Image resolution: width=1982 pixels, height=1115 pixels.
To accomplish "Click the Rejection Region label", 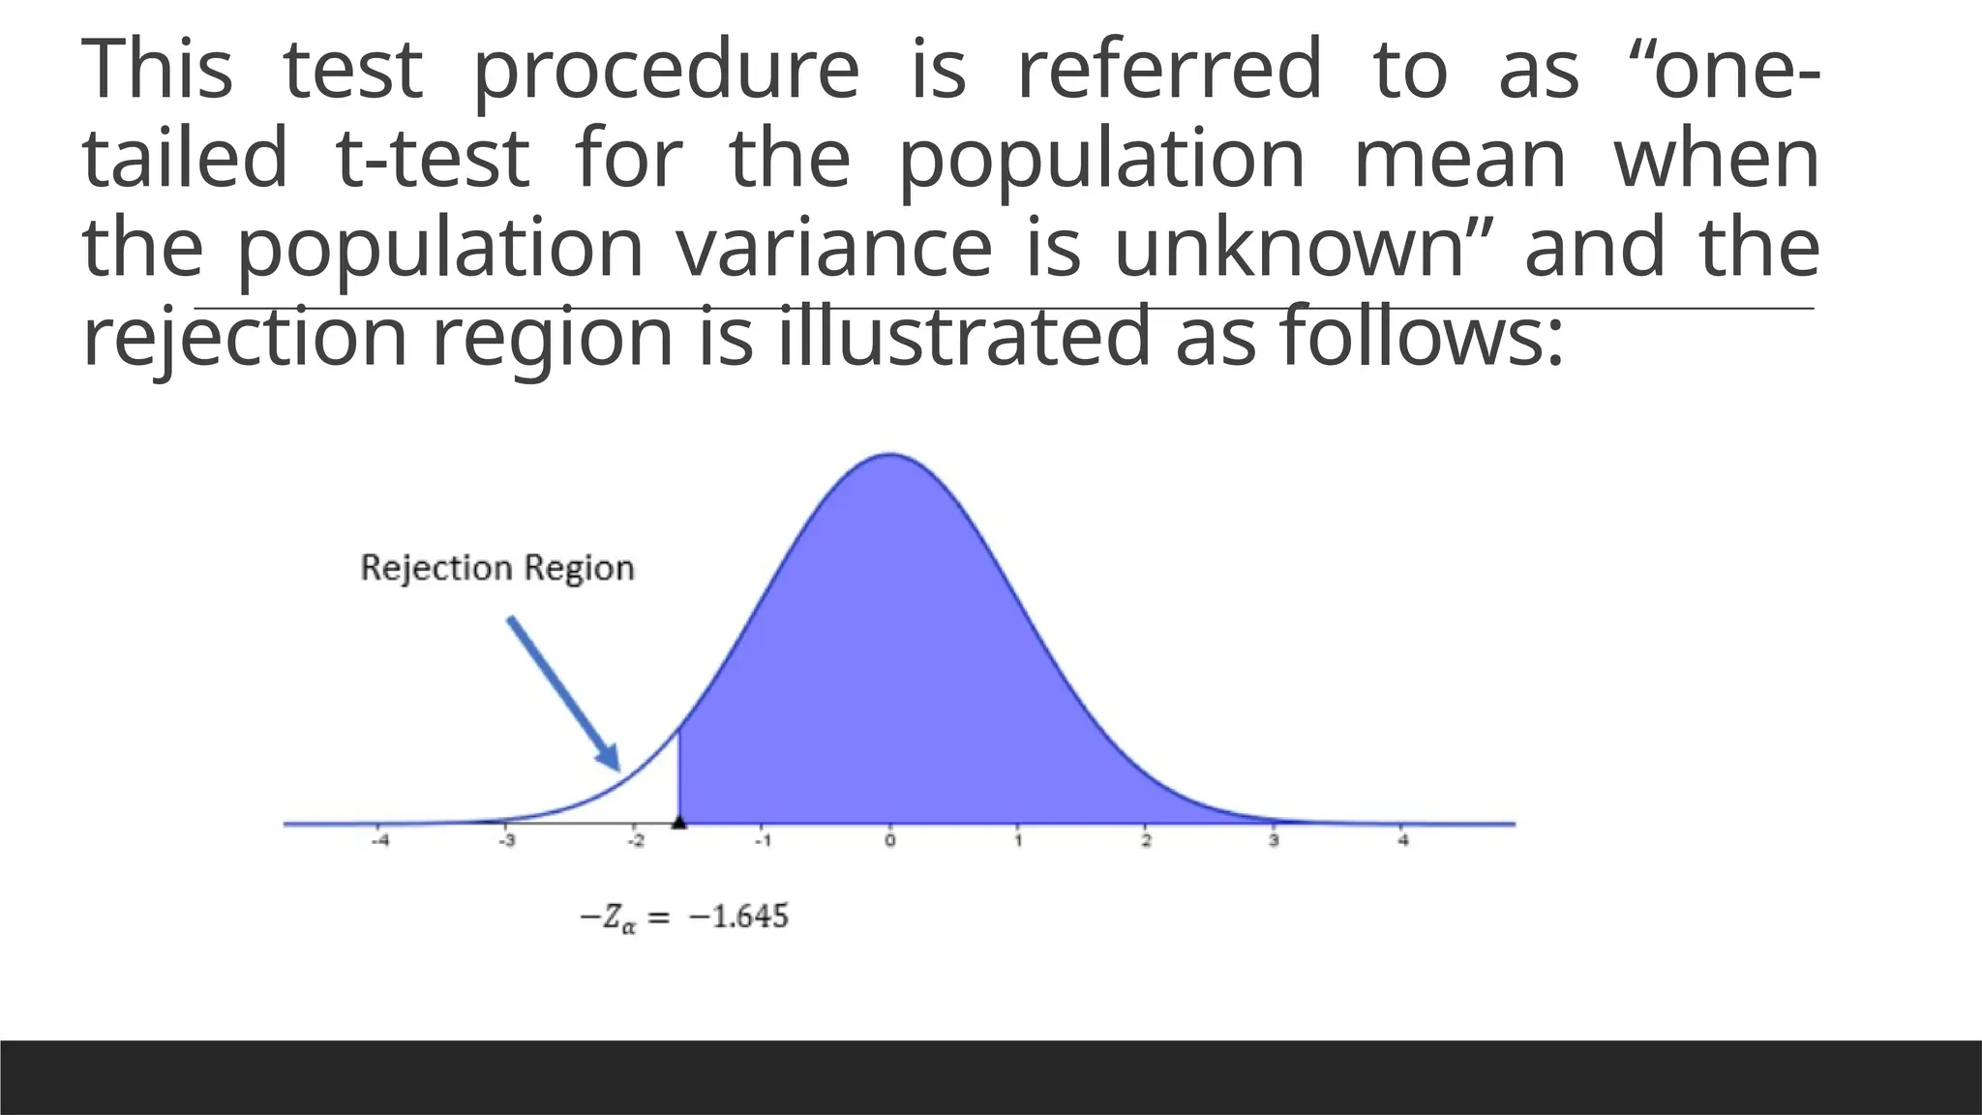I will (497, 567).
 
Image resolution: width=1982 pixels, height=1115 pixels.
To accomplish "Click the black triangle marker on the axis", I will (679, 822).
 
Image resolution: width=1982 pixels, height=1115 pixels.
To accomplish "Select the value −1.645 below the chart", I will (738, 916).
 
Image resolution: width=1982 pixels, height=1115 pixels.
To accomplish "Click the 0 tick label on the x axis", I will (890, 841).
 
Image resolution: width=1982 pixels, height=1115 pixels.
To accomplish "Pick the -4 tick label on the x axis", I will (380, 841).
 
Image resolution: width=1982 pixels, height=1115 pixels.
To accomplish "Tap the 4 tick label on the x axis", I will (1402, 841).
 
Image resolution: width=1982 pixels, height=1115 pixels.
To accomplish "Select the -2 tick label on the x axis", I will (635, 841).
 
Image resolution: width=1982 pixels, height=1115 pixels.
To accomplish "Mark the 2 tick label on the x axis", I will (1146, 841).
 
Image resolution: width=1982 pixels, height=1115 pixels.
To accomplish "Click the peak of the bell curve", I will (890, 455).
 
